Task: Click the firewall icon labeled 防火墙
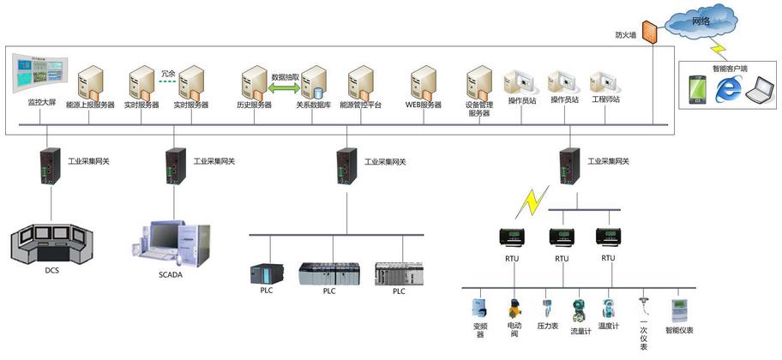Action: (x=648, y=33)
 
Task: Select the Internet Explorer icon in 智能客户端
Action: (x=727, y=88)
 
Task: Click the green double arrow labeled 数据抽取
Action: (x=286, y=86)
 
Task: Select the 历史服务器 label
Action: (x=254, y=105)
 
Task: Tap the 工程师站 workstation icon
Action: (x=605, y=81)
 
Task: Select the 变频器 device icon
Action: (x=478, y=309)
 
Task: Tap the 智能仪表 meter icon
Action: (x=679, y=309)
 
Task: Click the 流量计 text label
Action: (x=580, y=331)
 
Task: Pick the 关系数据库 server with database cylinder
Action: (x=314, y=83)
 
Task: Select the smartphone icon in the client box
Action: (x=698, y=88)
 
